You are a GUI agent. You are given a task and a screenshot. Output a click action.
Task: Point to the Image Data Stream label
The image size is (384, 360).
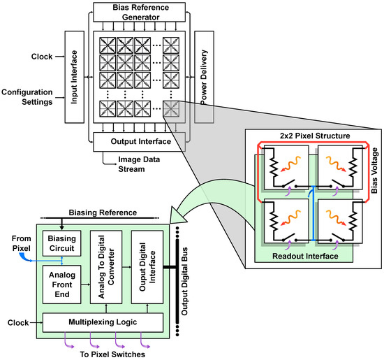coord(142,163)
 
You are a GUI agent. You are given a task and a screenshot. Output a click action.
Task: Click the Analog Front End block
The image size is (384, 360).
coord(62,284)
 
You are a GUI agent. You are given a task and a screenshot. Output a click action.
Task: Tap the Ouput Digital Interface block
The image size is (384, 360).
coord(149,266)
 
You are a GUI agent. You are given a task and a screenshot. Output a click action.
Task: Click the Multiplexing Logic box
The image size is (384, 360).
coord(103,322)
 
